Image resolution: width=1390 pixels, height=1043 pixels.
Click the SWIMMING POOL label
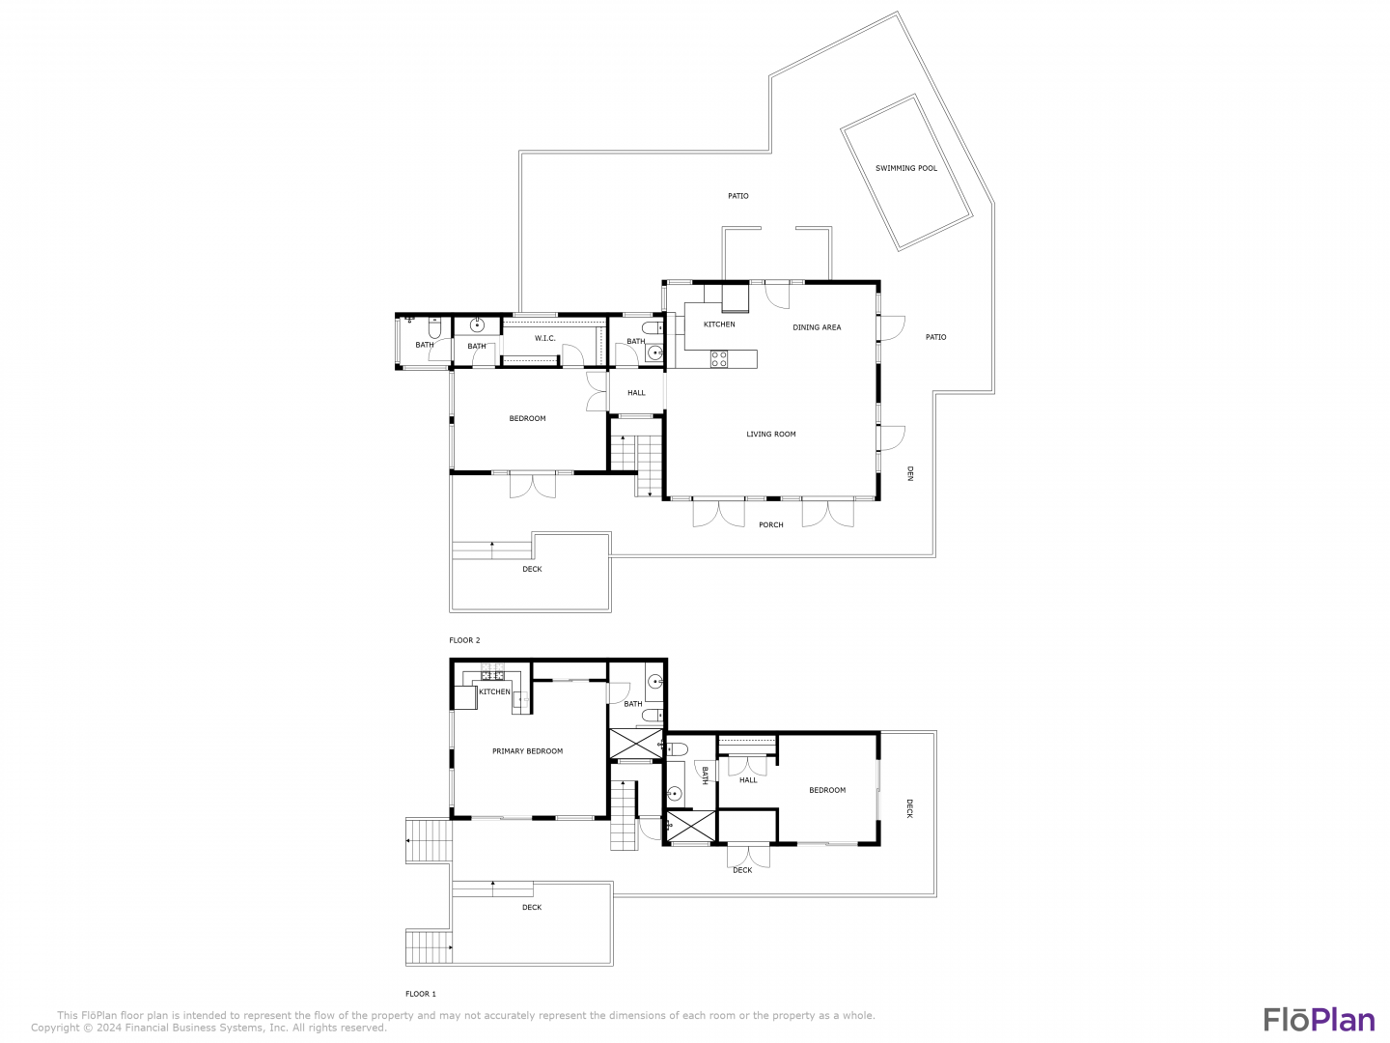pos(905,168)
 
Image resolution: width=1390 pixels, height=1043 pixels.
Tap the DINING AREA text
pos(817,327)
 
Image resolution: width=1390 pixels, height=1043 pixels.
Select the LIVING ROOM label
pos(770,434)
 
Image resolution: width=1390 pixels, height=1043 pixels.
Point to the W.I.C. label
pos(544,338)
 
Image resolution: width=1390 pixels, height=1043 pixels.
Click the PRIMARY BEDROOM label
pos(527,751)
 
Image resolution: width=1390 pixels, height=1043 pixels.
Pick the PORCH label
pos(770,524)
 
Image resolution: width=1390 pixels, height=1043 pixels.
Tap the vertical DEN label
pos(910,473)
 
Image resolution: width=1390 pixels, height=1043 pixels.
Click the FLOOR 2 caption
pos(464,640)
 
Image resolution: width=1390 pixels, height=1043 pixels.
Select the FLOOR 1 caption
pos(421,994)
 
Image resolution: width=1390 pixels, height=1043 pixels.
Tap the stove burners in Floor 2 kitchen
pos(719,359)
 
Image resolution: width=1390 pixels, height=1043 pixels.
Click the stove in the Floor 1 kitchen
pos(492,670)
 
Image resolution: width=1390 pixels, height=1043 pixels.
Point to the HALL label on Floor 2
pos(636,393)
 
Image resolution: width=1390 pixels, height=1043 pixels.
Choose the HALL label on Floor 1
pos(748,780)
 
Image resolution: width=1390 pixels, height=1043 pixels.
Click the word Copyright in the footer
pos(55,1028)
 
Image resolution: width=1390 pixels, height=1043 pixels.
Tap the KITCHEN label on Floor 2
pos(719,324)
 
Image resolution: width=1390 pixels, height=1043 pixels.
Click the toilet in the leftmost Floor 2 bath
pos(434,328)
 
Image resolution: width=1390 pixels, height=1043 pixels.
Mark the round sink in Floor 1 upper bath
pos(654,682)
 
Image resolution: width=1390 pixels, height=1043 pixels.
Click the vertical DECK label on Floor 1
pos(909,808)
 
